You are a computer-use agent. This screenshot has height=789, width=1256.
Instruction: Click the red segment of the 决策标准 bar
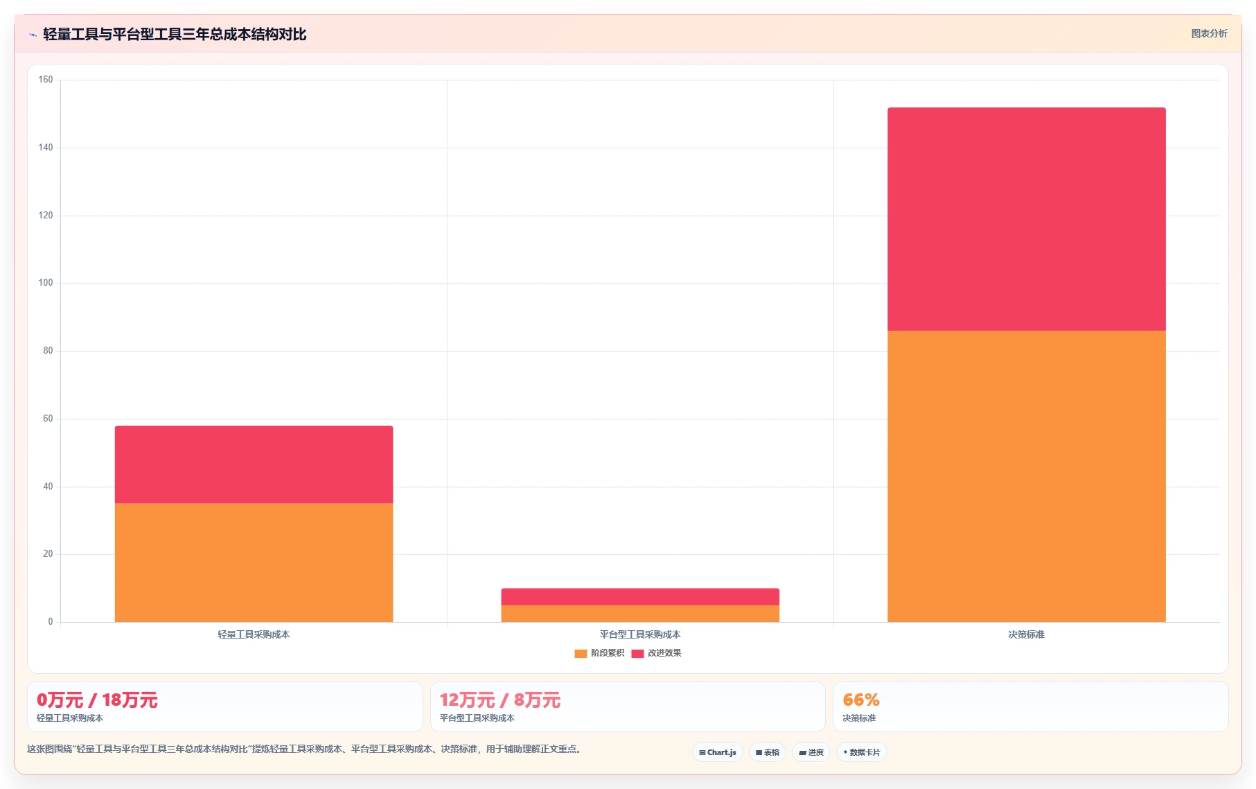click(1026, 219)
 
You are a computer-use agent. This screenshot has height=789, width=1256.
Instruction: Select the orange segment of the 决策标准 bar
click(1026, 476)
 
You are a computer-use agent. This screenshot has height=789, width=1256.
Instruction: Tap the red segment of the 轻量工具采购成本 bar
click(254, 465)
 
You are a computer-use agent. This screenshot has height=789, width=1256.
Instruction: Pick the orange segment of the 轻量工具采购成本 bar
click(254, 562)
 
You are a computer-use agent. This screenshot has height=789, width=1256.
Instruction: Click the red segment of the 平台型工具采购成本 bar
click(640, 597)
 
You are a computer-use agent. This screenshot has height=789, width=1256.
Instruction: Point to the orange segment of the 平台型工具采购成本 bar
click(640, 614)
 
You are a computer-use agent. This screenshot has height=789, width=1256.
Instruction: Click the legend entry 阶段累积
click(599, 653)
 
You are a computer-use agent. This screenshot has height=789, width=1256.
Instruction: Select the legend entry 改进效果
click(656, 653)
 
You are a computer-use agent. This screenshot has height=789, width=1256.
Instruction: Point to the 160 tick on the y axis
click(46, 80)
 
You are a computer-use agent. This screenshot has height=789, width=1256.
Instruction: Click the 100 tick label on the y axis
click(46, 283)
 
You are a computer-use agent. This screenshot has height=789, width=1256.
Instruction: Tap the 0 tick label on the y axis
click(50, 622)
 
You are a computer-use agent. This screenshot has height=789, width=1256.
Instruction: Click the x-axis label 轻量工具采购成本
click(254, 634)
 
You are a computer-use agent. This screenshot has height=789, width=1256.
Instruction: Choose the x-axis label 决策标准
click(1026, 634)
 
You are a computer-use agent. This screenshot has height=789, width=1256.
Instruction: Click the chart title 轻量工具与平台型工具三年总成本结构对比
click(175, 34)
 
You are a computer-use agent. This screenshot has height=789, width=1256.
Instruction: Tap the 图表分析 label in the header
click(1209, 33)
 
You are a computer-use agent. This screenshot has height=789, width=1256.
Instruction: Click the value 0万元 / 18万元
click(97, 700)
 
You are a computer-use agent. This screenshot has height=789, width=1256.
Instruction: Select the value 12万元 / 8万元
click(500, 700)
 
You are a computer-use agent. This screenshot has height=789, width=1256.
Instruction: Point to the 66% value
click(861, 700)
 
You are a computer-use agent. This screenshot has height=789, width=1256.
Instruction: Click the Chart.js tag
click(718, 752)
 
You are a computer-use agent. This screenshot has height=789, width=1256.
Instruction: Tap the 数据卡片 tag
click(862, 752)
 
